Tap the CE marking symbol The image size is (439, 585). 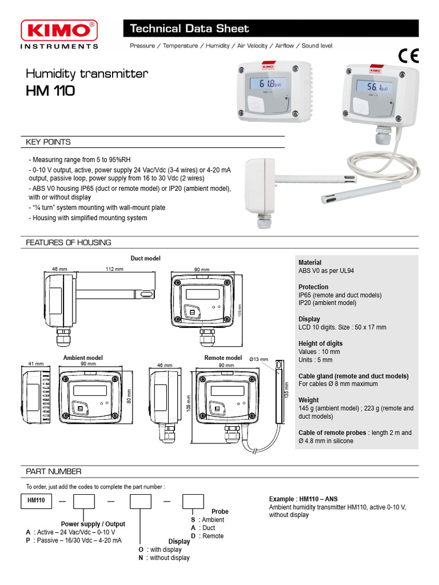coord(408,56)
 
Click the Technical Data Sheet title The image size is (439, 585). coord(189,29)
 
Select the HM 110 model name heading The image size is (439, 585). coord(50,91)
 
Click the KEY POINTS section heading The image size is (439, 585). coord(49,142)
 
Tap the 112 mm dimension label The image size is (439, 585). coord(114,269)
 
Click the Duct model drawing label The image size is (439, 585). coord(145,258)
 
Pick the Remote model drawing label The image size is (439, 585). coord(223,358)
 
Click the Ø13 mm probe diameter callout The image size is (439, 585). coord(259,359)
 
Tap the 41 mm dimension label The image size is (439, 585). coord(35,363)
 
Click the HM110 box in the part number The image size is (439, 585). coord(37,500)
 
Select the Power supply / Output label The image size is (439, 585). coord(93,524)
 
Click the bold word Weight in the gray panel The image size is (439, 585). coord(309,400)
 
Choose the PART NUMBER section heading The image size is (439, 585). coord(54,471)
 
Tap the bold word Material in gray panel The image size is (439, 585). coord(310,263)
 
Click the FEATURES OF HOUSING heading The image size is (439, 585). coord(69,242)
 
